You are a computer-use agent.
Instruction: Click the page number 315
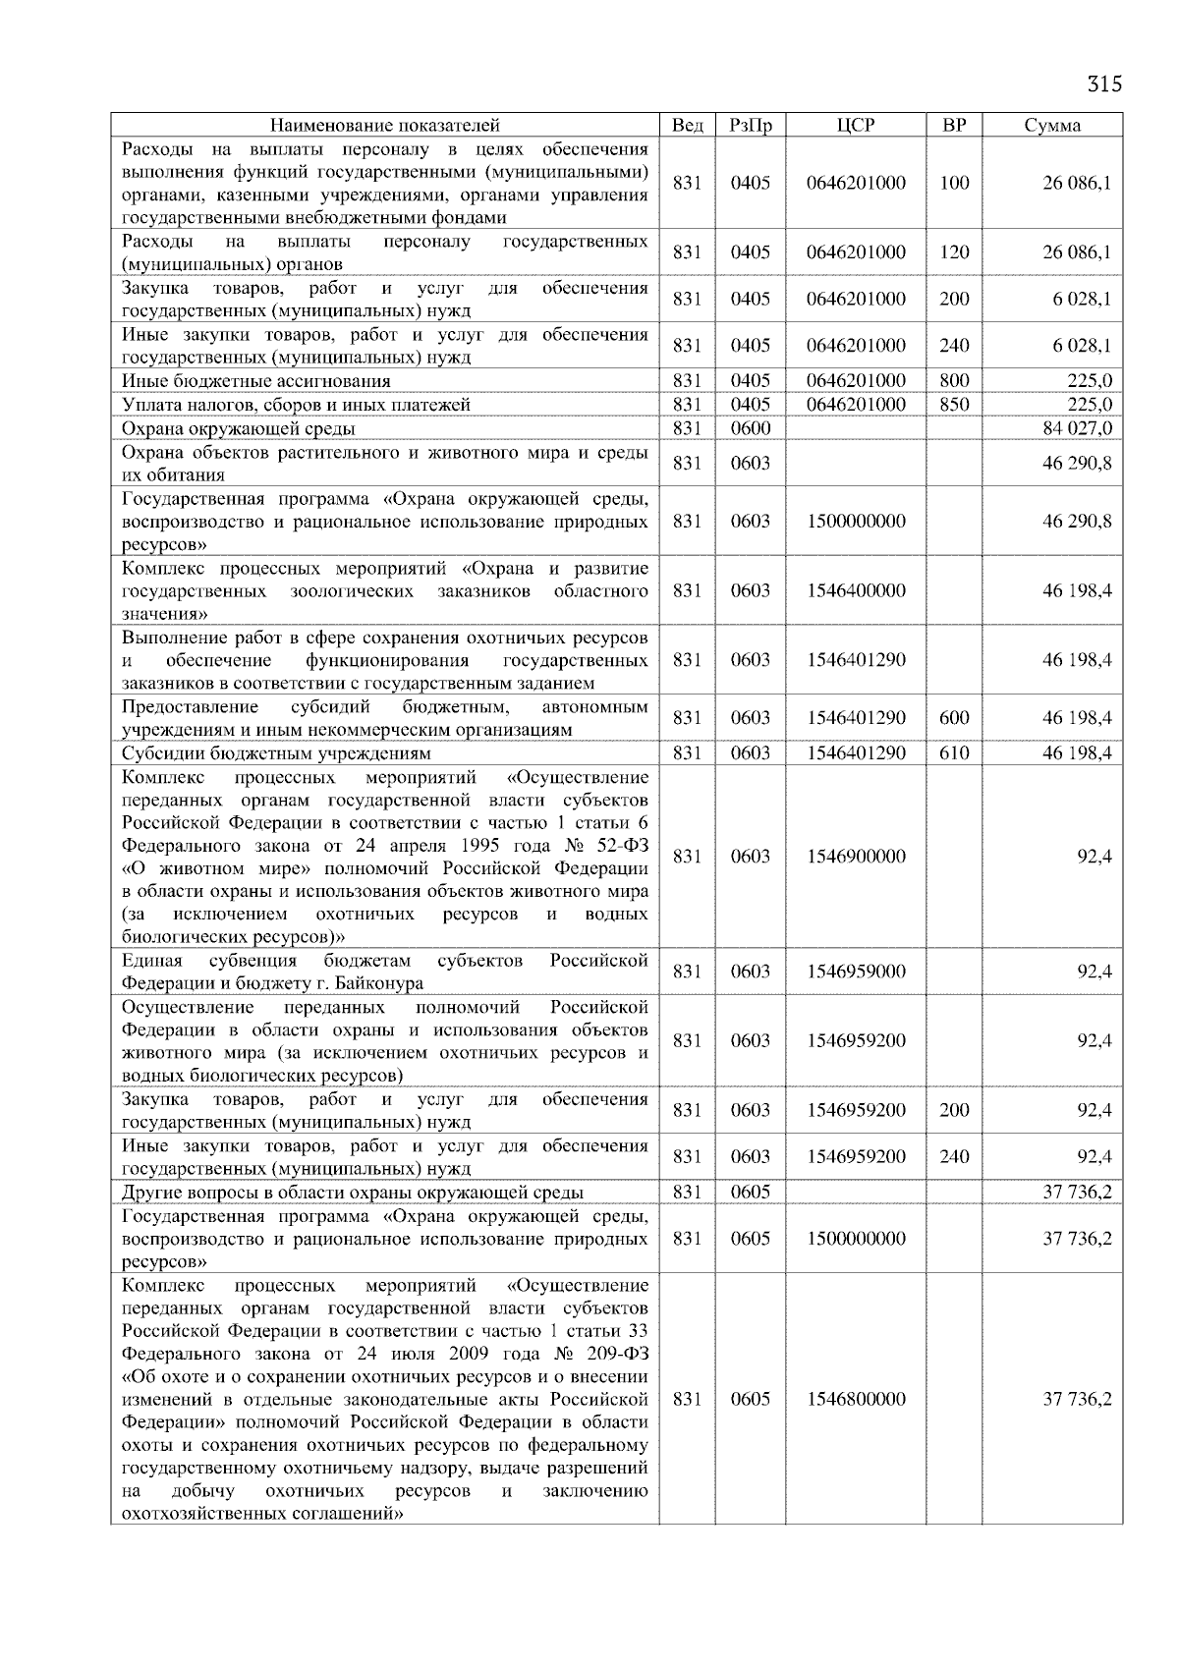coord(1103,83)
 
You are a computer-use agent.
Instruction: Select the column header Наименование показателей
coord(384,125)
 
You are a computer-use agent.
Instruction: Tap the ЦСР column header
coord(856,125)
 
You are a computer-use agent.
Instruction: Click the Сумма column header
coord(1052,125)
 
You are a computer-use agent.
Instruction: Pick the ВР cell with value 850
coord(954,405)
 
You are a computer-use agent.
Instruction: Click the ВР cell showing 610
coord(954,753)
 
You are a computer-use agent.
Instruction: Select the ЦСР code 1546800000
coord(856,1399)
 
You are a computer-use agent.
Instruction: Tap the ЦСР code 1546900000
coord(856,857)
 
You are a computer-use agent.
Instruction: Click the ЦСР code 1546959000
coord(856,972)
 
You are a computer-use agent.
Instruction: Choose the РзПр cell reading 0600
coord(751,428)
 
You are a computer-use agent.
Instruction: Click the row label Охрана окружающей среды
coord(239,428)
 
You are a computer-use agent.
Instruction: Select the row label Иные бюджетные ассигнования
coord(255,381)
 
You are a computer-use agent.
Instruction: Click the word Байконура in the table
coord(381,983)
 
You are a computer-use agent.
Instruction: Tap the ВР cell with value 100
coord(954,183)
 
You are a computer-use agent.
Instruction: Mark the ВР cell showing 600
coord(954,718)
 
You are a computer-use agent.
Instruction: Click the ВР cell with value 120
coord(954,252)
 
